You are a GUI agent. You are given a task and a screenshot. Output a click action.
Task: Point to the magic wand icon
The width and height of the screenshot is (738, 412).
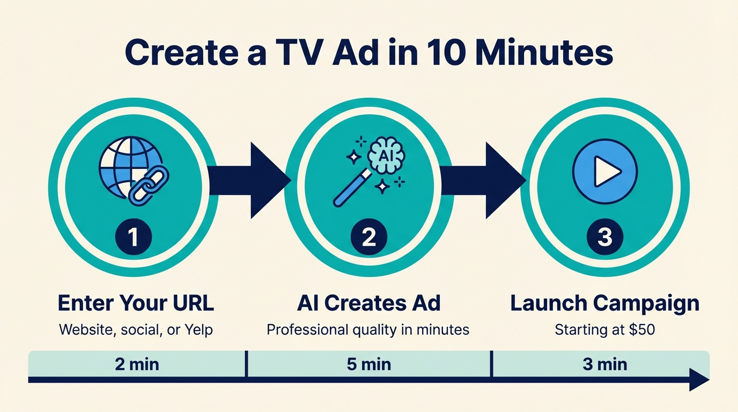click(x=351, y=188)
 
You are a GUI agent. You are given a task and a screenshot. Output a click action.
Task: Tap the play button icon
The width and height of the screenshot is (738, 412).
click(x=604, y=172)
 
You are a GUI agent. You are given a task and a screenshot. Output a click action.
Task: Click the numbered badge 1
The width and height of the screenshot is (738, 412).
click(x=134, y=237)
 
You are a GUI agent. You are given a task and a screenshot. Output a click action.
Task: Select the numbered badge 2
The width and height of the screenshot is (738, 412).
click(x=369, y=237)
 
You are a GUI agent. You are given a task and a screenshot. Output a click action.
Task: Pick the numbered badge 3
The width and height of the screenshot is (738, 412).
click(x=604, y=237)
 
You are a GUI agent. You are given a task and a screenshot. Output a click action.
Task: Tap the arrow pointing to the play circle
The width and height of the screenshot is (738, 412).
click(x=483, y=180)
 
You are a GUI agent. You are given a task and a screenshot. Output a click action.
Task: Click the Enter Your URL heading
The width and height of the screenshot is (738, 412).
click(x=136, y=303)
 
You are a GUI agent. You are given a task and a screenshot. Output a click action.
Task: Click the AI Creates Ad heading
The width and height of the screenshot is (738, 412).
click(x=368, y=303)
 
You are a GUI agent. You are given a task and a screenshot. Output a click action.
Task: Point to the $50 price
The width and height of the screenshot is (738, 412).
click(x=642, y=329)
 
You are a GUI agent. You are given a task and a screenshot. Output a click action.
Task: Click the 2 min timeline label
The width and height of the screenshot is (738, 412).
click(x=137, y=365)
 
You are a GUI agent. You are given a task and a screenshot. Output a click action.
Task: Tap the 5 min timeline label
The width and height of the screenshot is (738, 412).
click(x=368, y=365)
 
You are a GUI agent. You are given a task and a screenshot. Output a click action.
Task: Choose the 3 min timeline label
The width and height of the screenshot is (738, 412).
click(x=604, y=365)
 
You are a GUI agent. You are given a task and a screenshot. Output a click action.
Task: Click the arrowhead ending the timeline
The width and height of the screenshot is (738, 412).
click(x=699, y=380)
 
